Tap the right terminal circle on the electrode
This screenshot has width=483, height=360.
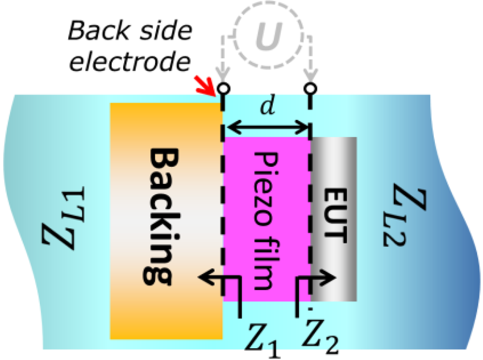click(309, 88)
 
